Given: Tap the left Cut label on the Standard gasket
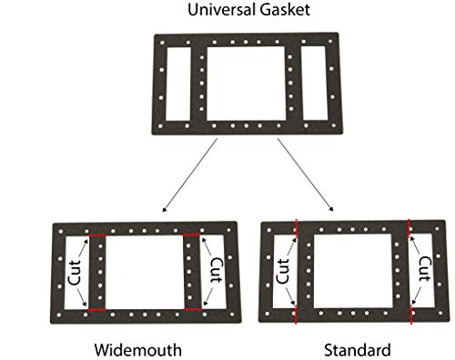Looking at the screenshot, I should (x=283, y=273).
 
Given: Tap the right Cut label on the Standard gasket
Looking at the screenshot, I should (x=424, y=274).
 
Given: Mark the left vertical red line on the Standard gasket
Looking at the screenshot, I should (x=297, y=273).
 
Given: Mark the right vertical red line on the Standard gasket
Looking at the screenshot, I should (x=410, y=273).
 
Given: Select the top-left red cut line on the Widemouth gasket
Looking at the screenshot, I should (x=98, y=236).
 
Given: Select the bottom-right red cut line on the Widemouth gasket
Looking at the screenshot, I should (x=191, y=310).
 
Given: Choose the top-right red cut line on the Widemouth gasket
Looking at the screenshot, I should (x=191, y=236).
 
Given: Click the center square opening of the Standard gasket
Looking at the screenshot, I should (x=354, y=273).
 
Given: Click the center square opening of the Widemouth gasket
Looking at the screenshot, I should (x=145, y=273).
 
